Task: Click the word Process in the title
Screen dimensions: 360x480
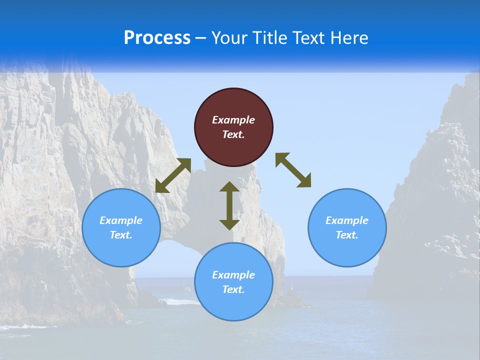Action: pos(157,38)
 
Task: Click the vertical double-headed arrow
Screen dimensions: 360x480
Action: pos(229,205)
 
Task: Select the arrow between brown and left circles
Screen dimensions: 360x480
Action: pos(173,175)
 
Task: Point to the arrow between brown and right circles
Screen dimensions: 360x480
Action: pos(293,170)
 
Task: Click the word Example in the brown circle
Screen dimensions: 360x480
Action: pos(233,120)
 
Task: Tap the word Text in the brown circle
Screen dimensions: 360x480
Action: pos(233,134)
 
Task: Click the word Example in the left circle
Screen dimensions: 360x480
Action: pos(121,220)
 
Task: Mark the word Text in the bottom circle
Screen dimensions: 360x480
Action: pos(233,289)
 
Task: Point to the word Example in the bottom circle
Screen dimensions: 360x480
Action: pos(233,275)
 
